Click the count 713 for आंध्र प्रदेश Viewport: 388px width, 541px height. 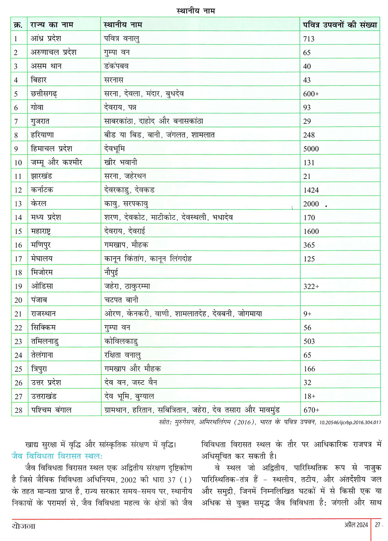pos(309,39)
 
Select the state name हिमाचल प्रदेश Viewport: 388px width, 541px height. pos(51,149)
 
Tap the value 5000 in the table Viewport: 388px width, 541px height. pos(311,149)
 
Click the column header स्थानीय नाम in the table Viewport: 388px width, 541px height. pos(123,25)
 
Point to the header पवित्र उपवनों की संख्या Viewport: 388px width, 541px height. pos(339,25)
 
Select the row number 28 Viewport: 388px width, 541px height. pos(19,410)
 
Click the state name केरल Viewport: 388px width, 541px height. pos(38,204)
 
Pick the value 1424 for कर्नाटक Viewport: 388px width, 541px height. pos(311,190)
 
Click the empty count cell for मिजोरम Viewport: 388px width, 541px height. pos(339,272)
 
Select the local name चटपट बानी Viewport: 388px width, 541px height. pos(121,300)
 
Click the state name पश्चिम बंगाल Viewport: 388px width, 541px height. pos(51,410)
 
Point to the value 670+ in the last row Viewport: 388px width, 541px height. pos(311,410)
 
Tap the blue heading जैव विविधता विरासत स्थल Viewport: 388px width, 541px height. pos(57,456)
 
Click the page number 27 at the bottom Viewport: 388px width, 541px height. pos(377,525)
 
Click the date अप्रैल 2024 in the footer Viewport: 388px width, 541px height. pos(356,525)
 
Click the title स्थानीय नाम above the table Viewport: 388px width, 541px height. pos(196,11)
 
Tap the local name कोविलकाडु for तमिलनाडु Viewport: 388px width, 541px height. pos(121,341)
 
